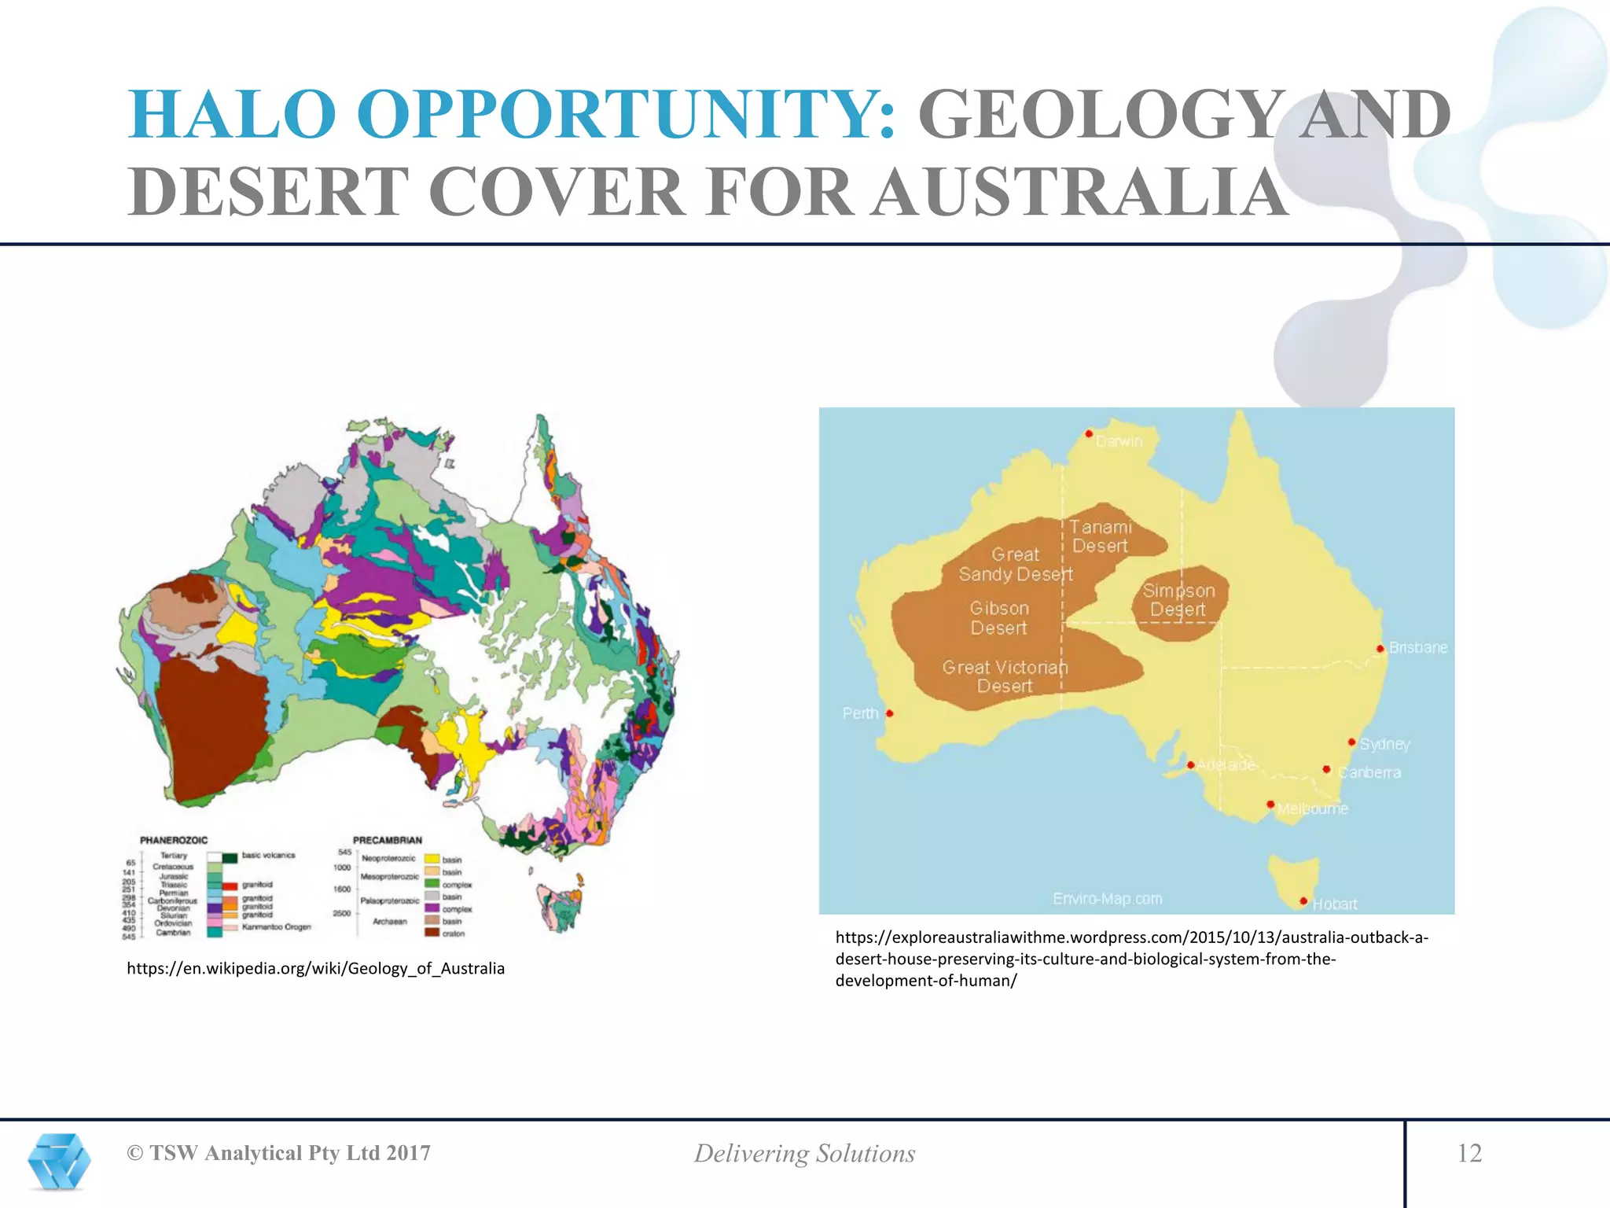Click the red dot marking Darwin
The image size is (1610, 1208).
click(1089, 433)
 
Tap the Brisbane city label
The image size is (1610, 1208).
click(1417, 647)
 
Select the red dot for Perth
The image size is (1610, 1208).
click(889, 713)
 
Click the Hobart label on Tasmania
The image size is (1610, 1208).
click(1334, 904)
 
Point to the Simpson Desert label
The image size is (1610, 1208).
click(1178, 599)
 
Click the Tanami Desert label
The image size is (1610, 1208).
click(1100, 536)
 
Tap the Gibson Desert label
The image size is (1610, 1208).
click(998, 617)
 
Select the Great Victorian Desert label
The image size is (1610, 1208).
click(1005, 676)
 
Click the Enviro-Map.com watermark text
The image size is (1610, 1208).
click(1107, 898)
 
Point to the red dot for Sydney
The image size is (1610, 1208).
click(1351, 742)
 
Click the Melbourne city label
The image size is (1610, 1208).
click(1312, 808)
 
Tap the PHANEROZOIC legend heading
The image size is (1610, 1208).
click(174, 840)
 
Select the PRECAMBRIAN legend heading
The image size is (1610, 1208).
click(387, 840)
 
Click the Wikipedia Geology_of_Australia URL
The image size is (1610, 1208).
click(315, 968)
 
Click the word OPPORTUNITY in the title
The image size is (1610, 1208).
click(625, 114)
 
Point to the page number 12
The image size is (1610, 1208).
click(1468, 1153)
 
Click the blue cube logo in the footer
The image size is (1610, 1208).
click(59, 1161)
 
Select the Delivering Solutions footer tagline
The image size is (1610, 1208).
click(804, 1153)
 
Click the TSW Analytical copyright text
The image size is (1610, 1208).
click(279, 1153)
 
